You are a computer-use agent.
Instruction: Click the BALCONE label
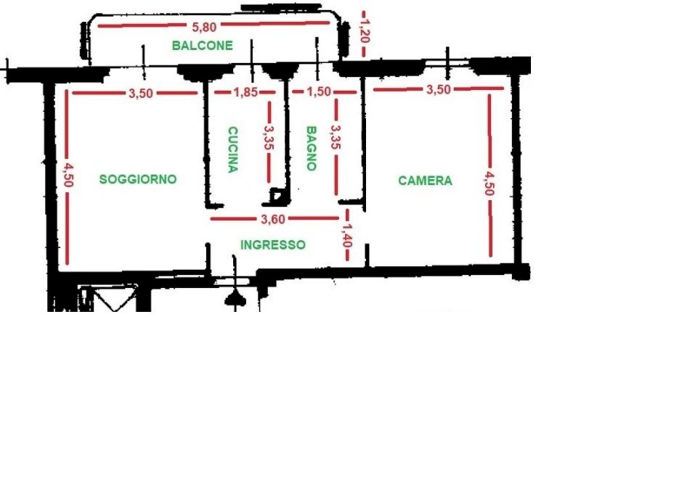tap(202, 45)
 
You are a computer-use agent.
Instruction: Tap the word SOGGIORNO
tap(138, 179)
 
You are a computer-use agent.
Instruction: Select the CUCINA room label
tap(232, 149)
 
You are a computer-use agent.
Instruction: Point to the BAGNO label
tap(311, 148)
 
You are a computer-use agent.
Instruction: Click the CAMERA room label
tap(425, 181)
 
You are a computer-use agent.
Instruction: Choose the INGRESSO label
tap(273, 244)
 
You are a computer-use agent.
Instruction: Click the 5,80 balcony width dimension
tap(204, 27)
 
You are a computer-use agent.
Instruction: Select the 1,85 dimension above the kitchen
tap(246, 92)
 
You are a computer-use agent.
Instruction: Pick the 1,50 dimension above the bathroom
tap(319, 91)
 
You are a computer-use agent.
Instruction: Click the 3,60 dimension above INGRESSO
tap(273, 219)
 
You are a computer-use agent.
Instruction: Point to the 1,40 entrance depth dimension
tap(347, 235)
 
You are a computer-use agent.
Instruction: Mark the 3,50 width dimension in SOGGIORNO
tap(141, 93)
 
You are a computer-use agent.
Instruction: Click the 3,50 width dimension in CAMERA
tap(439, 89)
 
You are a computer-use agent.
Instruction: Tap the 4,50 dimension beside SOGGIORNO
tap(68, 176)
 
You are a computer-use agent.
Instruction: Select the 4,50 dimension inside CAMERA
tap(490, 183)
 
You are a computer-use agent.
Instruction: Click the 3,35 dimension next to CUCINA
tap(269, 137)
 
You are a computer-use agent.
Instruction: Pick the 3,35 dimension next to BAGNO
tap(336, 136)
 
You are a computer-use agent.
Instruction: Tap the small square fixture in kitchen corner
tap(276, 196)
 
